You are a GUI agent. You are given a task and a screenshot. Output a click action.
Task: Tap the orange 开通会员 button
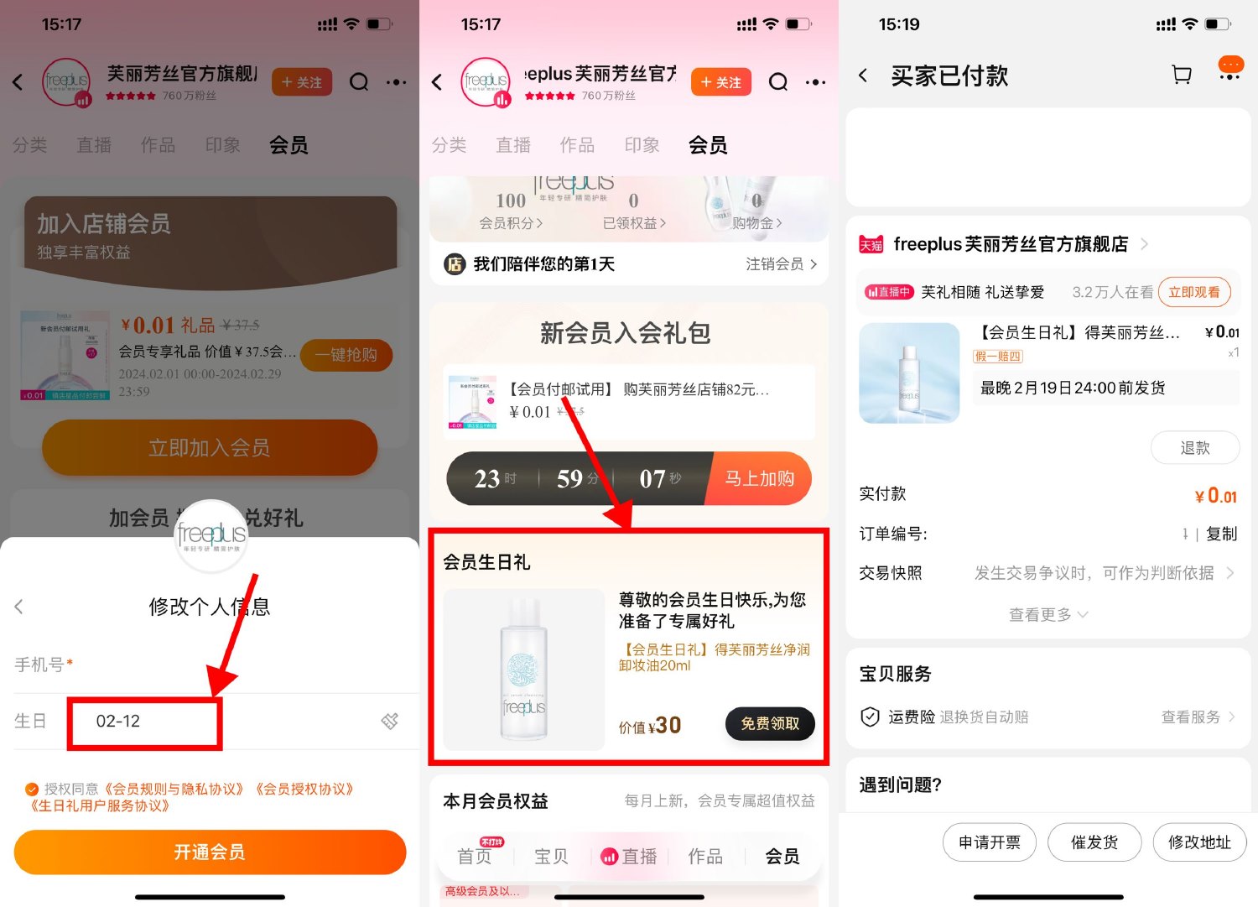point(210,852)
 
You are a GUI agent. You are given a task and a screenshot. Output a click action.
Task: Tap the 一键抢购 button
point(346,355)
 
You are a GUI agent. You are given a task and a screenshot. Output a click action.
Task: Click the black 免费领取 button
point(770,724)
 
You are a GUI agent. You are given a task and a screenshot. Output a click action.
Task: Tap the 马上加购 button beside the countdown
point(760,478)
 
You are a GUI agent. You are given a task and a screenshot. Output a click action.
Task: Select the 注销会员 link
point(780,264)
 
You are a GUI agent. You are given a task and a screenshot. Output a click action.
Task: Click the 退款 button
point(1194,448)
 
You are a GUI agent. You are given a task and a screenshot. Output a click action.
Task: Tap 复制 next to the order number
point(1221,534)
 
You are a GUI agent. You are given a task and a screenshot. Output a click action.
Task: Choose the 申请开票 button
point(990,842)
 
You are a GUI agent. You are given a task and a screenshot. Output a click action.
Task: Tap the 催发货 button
point(1094,842)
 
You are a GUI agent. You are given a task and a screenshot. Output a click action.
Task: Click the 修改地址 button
point(1199,842)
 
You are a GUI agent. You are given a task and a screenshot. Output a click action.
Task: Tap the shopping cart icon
point(1182,76)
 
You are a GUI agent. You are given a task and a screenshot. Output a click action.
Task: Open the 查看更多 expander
point(1047,615)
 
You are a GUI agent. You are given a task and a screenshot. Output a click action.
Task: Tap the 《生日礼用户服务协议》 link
point(100,806)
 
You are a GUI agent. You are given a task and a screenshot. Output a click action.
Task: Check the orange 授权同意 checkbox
point(32,790)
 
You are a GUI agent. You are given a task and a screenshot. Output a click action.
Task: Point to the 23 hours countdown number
point(486,478)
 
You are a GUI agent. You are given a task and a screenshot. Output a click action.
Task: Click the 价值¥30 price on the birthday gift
point(650,726)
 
